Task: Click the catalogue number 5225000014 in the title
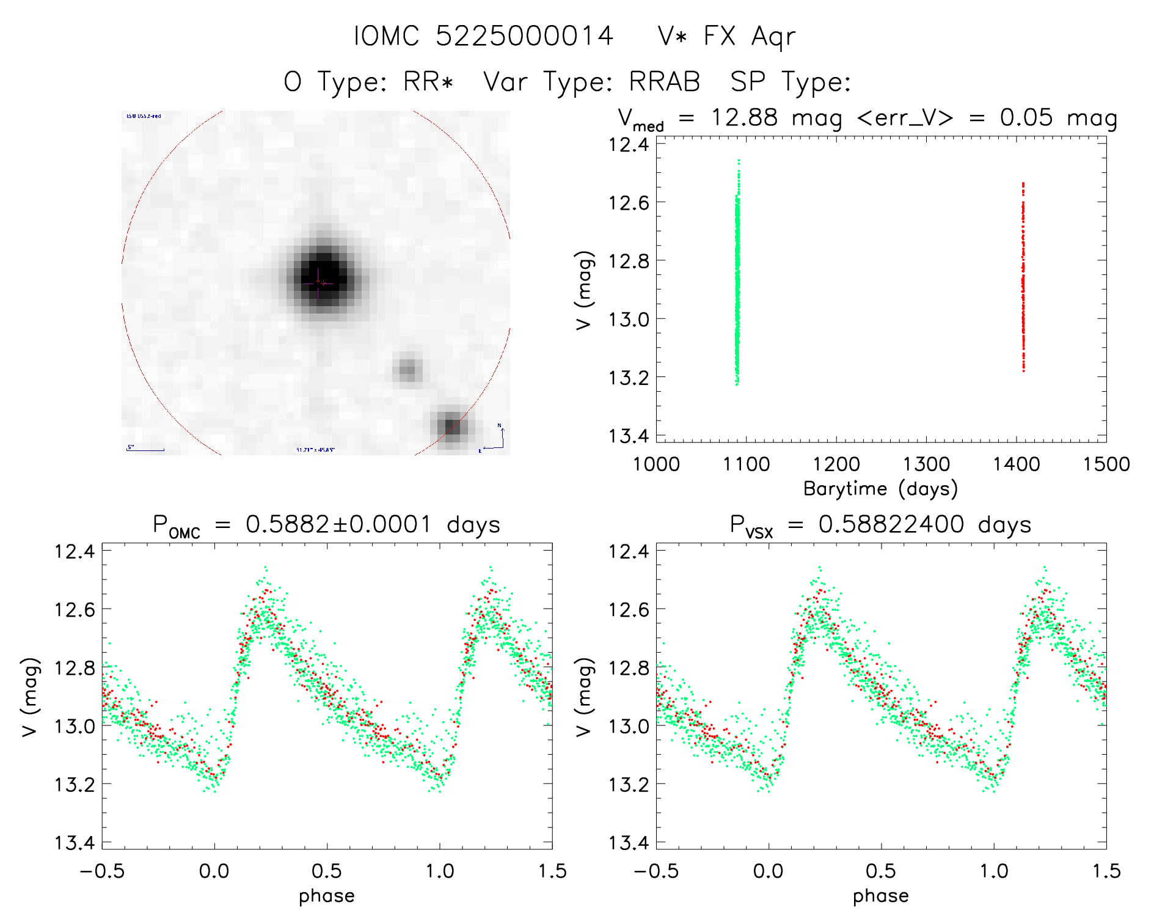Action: click(x=524, y=36)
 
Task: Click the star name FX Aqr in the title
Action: click(x=750, y=36)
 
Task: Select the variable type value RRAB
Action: click(x=664, y=82)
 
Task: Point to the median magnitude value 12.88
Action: click(x=744, y=117)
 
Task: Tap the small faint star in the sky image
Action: click(x=408, y=369)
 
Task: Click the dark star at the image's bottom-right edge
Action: click(x=451, y=425)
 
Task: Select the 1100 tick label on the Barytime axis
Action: click(x=746, y=464)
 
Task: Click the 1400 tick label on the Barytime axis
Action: click(x=1017, y=464)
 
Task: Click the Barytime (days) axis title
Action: click(x=880, y=489)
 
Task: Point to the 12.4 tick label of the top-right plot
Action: click(x=629, y=145)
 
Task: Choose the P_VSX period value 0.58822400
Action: click(x=891, y=524)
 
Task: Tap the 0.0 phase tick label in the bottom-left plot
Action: click(x=214, y=871)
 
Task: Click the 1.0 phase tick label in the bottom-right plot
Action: click(x=994, y=871)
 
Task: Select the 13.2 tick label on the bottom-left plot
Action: click(x=75, y=785)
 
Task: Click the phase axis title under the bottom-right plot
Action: click(x=880, y=896)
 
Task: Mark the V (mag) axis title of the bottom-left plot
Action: click(x=31, y=697)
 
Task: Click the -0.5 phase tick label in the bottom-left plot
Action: click(x=102, y=871)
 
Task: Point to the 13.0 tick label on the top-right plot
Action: click(x=629, y=319)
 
